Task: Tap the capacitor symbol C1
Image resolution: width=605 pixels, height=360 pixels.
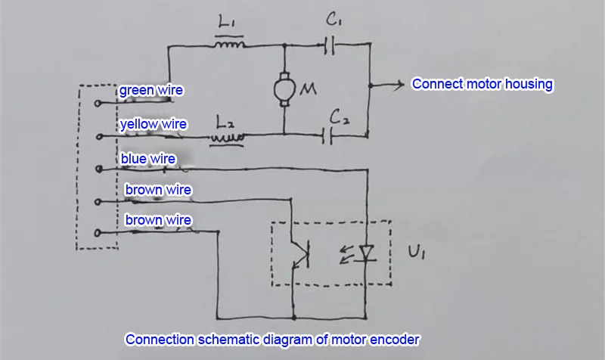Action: tap(329, 45)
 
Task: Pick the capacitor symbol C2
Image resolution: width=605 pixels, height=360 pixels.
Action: tap(327, 136)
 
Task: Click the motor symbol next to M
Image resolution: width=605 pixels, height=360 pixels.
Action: tap(284, 89)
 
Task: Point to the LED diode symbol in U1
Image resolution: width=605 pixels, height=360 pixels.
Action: tap(366, 254)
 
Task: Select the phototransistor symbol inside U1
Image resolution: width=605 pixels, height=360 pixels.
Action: tap(301, 254)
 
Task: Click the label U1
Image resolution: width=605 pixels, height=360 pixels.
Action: tap(417, 252)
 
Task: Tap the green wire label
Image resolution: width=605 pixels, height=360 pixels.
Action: tap(150, 90)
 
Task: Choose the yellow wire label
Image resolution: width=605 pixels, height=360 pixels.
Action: tap(154, 124)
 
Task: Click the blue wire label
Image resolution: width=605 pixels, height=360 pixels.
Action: tap(147, 159)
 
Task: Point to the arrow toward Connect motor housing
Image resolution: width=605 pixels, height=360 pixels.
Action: tap(386, 85)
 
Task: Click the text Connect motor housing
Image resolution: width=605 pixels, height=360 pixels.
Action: tap(482, 84)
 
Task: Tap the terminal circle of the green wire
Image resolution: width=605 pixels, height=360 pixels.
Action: tap(98, 103)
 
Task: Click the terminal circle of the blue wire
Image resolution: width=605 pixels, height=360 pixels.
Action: tap(99, 169)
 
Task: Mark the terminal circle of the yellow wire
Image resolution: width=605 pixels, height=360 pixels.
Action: tap(99, 137)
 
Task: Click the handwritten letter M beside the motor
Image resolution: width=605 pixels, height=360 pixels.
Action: tap(309, 89)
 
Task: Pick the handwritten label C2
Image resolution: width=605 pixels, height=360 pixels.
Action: tap(339, 117)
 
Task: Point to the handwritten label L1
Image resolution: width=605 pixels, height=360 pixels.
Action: tap(226, 21)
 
